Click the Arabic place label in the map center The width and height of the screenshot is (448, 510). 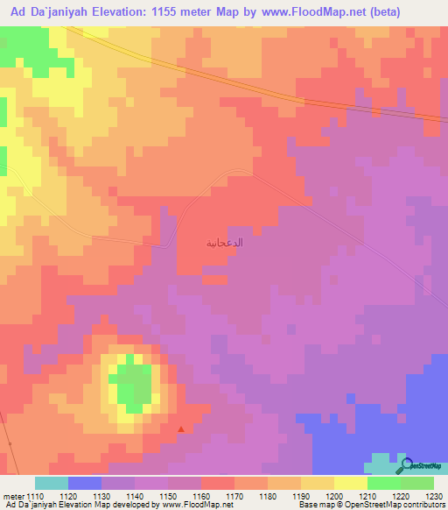(224, 242)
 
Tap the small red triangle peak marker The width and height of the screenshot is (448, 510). (181, 429)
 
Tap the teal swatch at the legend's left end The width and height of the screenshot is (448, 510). (52, 483)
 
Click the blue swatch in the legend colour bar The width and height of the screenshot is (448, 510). (85, 483)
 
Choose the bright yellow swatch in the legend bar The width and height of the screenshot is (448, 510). (351, 483)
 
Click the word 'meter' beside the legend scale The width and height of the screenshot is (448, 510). (14, 497)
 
